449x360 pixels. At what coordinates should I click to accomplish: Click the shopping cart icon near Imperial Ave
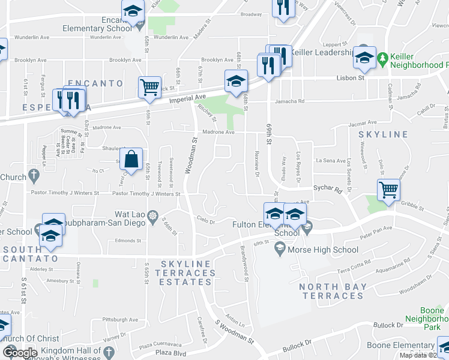[x=149, y=86]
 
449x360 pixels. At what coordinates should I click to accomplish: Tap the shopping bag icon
[x=131, y=159]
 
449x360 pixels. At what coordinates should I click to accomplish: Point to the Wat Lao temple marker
[x=154, y=215]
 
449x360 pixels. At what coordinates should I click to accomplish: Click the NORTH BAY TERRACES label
[x=333, y=292]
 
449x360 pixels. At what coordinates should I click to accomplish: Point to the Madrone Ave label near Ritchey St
[x=217, y=132]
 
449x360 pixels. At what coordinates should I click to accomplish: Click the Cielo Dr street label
[x=206, y=221]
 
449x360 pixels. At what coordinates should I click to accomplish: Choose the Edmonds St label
[x=128, y=241]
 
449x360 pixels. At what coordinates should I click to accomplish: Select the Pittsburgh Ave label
[x=120, y=320]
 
